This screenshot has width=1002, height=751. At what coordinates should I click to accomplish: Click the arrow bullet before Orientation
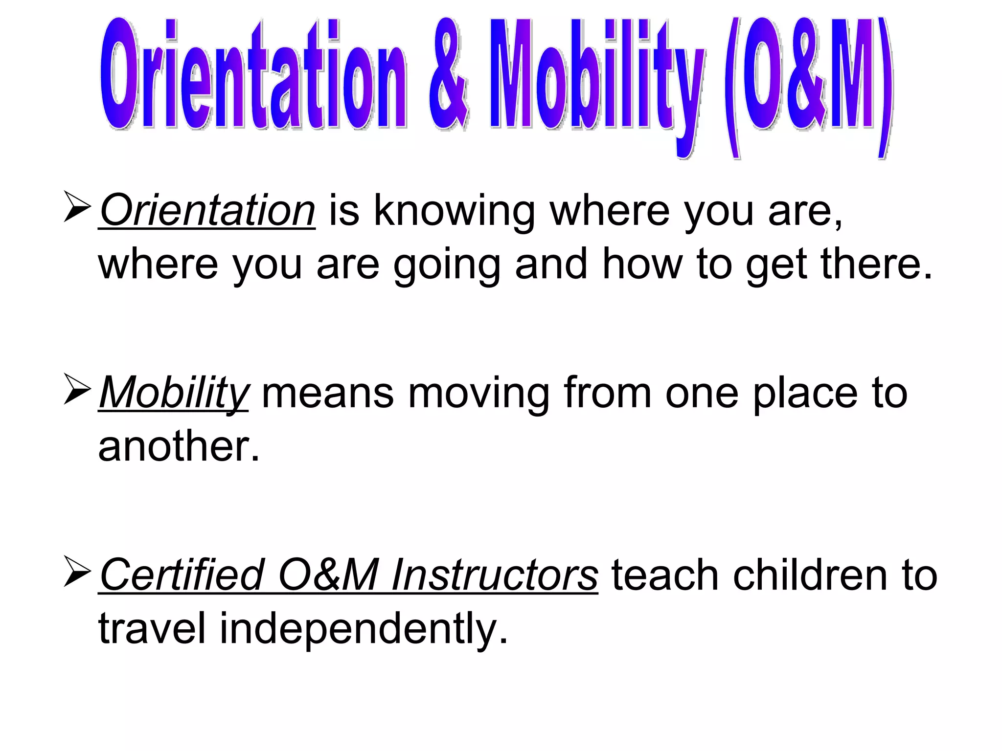(77, 208)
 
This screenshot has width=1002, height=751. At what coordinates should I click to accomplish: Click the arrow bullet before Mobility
(77, 390)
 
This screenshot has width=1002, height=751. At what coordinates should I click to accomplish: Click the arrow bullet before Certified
(77, 573)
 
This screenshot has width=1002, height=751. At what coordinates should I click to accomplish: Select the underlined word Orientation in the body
(207, 211)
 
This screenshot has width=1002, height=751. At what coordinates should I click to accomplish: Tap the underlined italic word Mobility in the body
(174, 393)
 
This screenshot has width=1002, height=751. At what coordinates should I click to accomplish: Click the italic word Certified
(182, 575)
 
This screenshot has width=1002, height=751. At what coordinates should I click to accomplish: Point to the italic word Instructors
(494, 575)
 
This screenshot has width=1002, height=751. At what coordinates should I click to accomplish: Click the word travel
(152, 629)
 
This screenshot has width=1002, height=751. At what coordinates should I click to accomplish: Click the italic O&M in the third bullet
(328, 575)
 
